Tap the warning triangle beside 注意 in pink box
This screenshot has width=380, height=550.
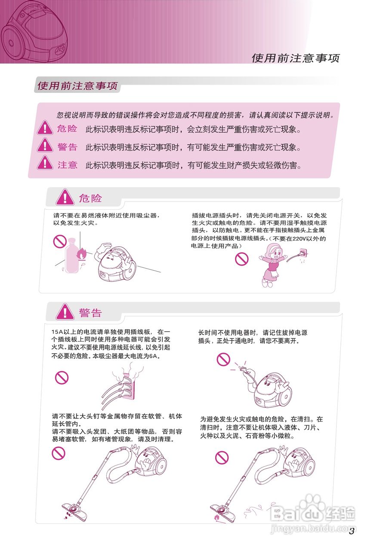click(45, 163)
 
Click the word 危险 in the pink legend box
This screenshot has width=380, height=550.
click(67, 128)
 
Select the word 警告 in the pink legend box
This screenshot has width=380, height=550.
click(67, 147)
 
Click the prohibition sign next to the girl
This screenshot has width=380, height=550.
click(242, 259)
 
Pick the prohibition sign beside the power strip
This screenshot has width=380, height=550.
click(62, 378)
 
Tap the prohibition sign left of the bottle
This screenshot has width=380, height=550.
click(59, 241)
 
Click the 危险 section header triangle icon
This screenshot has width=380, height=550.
click(65, 198)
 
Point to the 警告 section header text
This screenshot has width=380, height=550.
click(90, 312)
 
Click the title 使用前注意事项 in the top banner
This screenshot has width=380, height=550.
click(295, 58)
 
